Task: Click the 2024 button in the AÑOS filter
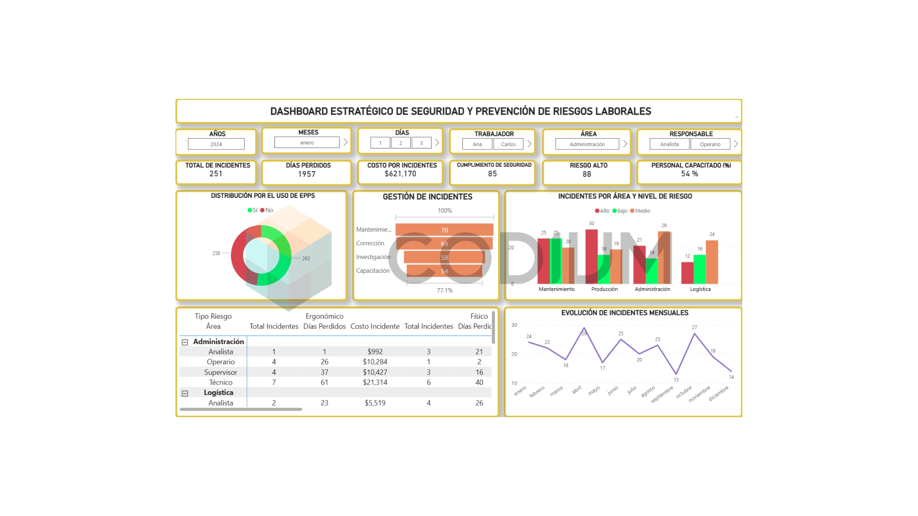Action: [x=216, y=144]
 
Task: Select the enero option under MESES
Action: [x=307, y=142]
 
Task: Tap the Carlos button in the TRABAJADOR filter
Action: [x=508, y=144]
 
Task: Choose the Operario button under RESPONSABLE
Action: [x=710, y=144]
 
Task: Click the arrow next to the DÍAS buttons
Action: [x=437, y=142]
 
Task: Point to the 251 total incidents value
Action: [x=216, y=174]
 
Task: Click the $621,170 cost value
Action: [x=400, y=174]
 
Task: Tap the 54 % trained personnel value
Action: [x=689, y=174]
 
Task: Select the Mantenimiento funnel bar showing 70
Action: [x=444, y=230]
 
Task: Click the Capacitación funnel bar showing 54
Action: [x=444, y=271]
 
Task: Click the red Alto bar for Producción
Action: [x=591, y=257]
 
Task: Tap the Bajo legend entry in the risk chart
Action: [x=620, y=211]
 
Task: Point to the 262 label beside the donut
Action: [x=306, y=258]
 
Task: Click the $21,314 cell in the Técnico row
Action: [x=375, y=382]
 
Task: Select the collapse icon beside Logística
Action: [x=185, y=393]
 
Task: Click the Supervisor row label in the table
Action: [x=220, y=372]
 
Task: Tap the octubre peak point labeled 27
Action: [x=694, y=334]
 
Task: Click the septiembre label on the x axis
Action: [x=663, y=395]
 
